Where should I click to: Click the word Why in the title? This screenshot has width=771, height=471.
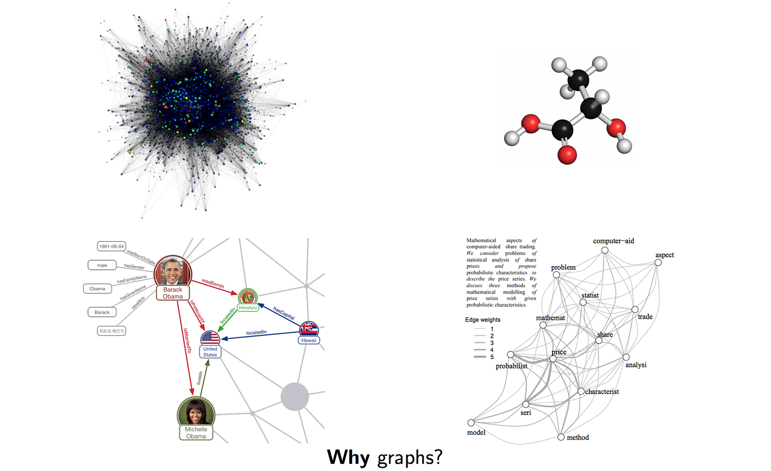click(348, 457)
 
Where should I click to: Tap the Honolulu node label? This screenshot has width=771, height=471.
click(248, 308)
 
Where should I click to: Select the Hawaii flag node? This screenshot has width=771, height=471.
click(309, 329)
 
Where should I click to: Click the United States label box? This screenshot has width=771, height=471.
click(210, 352)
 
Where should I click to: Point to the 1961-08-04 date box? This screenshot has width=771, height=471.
click(111, 246)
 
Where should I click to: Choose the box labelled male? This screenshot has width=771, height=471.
click(102, 265)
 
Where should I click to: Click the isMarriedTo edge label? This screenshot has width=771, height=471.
click(187, 341)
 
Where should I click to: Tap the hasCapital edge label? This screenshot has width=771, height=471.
click(284, 313)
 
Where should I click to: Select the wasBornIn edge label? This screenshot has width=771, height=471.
click(213, 283)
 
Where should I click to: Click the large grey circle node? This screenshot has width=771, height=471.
click(294, 397)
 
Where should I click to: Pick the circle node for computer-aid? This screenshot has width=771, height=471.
click(605, 250)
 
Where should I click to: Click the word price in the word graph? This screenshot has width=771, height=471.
click(559, 352)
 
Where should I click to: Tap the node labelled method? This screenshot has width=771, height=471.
click(561, 437)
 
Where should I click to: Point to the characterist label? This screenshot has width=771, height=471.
click(602, 391)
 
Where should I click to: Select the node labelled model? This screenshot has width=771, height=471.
click(471, 423)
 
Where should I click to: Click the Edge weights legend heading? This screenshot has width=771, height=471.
click(482, 320)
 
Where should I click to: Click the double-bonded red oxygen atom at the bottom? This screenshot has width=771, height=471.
click(567, 155)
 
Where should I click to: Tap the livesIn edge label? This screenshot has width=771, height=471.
click(199, 377)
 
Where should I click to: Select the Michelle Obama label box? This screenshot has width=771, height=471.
click(196, 432)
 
